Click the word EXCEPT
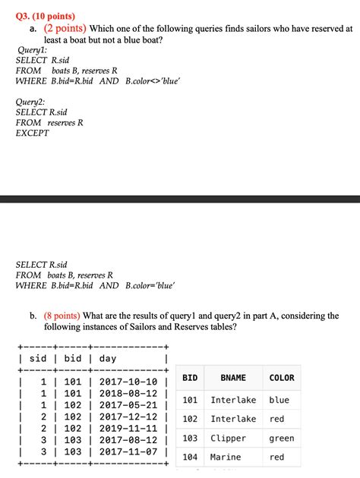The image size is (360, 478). [x=32, y=133]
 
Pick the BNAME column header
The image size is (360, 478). [x=233, y=377]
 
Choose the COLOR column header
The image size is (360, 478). [x=281, y=377]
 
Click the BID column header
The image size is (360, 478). [x=190, y=377]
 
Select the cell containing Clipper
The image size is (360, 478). [x=228, y=438]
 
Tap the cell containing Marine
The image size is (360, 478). [x=226, y=457]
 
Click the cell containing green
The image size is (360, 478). [x=281, y=438]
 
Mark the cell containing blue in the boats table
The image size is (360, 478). [x=279, y=400]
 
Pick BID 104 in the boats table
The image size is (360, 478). [x=190, y=457]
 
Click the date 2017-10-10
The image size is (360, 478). [x=128, y=382]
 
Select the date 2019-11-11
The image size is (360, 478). [x=128, y=428]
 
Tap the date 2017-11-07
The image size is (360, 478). [x=128, y=451]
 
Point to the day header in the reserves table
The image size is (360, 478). [x=108, y=358]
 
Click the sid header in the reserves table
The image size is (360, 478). [x=38, y=358]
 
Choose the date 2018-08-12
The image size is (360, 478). [x=128, y=393]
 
